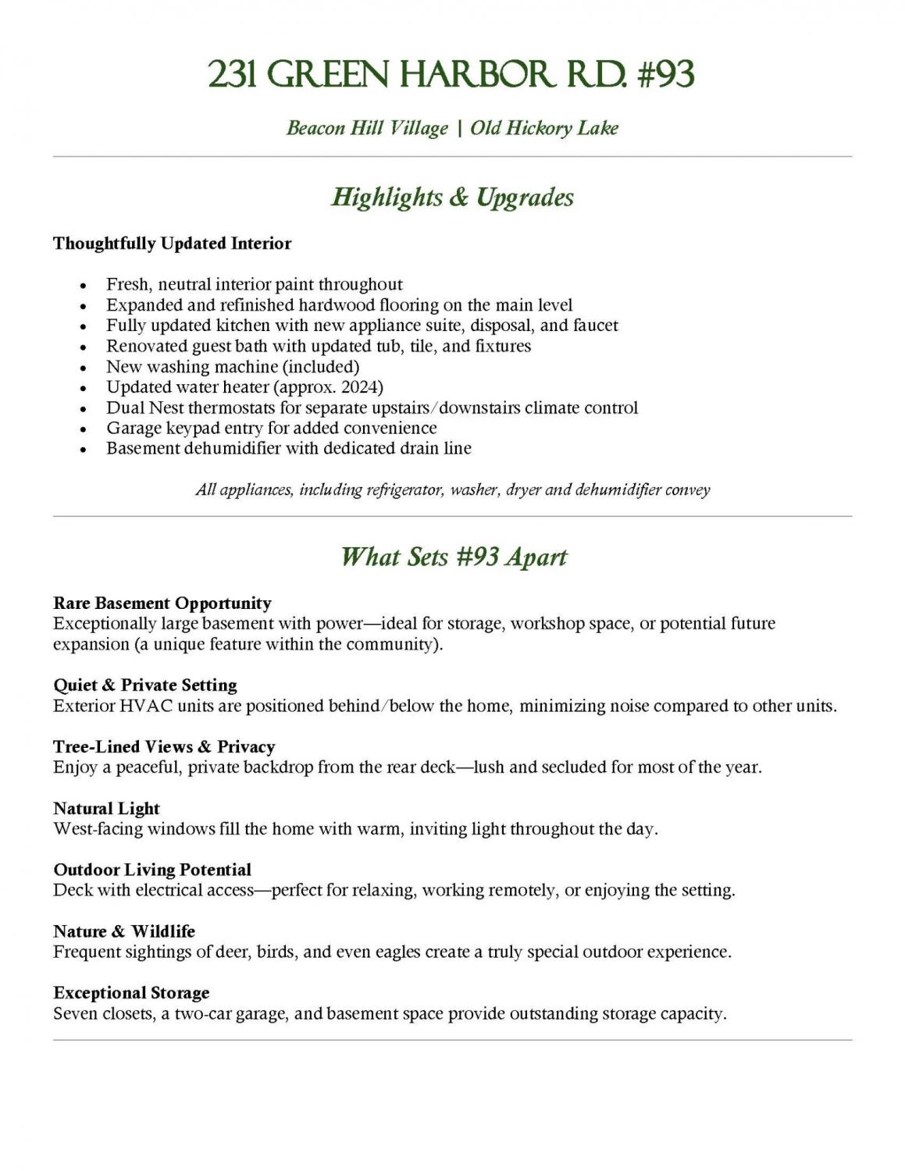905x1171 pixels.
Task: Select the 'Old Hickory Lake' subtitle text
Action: tap(544, 128)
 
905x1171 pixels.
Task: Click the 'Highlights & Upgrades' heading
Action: tap(452, 197)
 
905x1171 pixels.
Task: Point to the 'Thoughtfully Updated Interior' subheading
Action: tap(172, 244)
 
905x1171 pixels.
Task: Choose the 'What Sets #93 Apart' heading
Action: tap(453, 557)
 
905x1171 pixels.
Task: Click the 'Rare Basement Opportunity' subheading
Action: tap(162, 603)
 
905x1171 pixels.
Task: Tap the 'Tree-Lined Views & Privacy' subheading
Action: tap(164, 747)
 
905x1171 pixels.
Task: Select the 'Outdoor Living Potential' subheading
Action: tap(152, 870)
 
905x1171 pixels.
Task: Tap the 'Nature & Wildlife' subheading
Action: tap(124, 931)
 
